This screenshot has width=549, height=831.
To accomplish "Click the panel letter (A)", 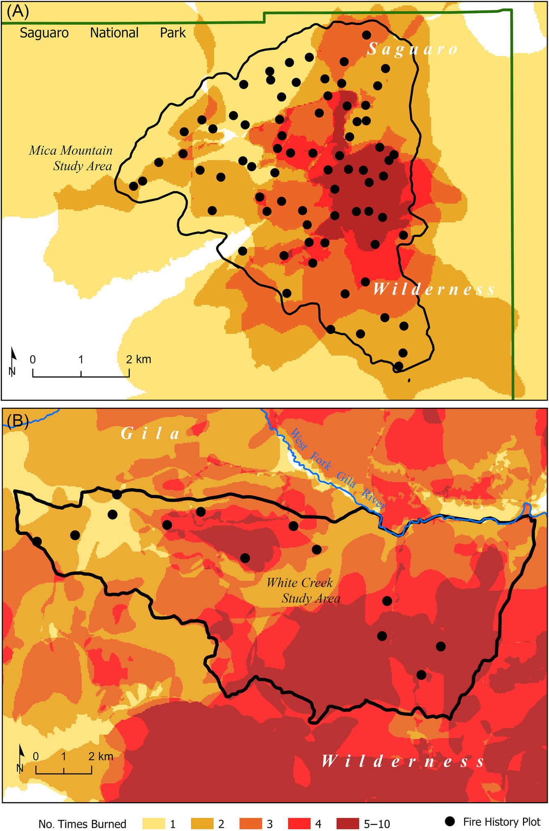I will tap(18, 12).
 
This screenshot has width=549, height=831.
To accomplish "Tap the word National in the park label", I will tap(114, 33).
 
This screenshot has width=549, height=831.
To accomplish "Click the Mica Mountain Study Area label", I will tap(71, 158).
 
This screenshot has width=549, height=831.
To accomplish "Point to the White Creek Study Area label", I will tap(304, 590).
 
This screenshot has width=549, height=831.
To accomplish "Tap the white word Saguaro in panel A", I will tap(412, 49).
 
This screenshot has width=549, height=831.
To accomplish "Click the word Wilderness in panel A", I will tap(434, 290).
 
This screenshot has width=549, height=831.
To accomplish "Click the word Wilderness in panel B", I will tap(403, 762).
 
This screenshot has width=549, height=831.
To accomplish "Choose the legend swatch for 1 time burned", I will tap(153, 824).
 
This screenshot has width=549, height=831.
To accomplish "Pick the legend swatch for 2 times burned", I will tap(202, 824).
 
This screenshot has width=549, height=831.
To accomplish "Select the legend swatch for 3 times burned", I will tap(250, 824).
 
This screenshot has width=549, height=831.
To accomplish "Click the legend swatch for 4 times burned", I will tap(299, 824).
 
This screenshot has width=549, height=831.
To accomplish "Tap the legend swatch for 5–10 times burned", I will tap(347, 824).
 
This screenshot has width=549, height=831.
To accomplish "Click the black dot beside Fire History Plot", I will tap(450, 822).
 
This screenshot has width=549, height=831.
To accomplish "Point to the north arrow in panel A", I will tap(13, 361).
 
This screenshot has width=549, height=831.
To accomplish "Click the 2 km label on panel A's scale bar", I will tap(139, 359).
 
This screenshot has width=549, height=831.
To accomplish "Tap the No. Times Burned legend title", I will tap(82, 824).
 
